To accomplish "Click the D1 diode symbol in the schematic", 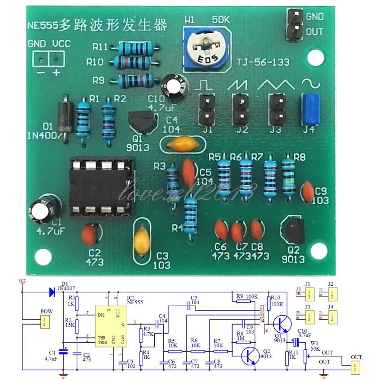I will pyautogui.click(x=50, y=292).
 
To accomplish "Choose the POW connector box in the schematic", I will pyautogui.click(x=43, y=323).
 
